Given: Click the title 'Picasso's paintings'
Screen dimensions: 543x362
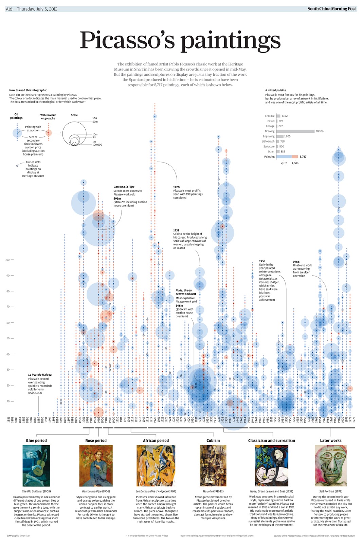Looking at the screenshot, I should coord(180,40).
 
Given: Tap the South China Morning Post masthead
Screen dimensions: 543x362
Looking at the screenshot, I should coord(331,9).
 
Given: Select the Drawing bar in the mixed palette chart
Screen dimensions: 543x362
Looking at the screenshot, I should coord(295,131).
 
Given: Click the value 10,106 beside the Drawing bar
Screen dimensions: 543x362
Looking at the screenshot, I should coord(320,131).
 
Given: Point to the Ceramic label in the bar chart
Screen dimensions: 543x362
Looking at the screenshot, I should coord(270,116).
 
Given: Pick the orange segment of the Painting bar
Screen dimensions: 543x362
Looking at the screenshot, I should coord(295,157).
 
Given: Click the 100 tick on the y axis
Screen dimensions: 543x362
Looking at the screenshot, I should coord(7,260).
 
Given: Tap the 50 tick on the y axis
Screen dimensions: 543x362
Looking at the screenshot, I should coord(7,338).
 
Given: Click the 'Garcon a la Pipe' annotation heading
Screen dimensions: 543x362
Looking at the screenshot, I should coord(124,187).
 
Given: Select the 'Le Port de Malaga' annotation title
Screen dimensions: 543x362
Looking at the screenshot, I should coord(40,375).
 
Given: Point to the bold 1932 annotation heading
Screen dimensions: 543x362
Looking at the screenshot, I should coord(176,230).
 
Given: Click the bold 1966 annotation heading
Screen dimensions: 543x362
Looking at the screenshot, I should coord(296,262).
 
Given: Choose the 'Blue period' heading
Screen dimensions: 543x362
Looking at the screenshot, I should coord(36,441).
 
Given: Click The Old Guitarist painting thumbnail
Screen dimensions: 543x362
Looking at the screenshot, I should coord(36,466).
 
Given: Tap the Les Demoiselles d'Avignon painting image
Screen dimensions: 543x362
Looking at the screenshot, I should coord(156,466).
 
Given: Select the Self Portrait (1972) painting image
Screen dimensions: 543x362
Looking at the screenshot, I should coord(330,466).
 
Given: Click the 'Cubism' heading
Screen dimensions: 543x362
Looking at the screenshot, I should coord(213,441).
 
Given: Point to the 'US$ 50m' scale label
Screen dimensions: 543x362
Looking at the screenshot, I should coord(95,120).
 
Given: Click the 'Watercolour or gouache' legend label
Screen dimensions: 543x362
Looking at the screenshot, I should coord(48,117).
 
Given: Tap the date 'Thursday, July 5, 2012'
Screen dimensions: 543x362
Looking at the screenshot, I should coord(37,9).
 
